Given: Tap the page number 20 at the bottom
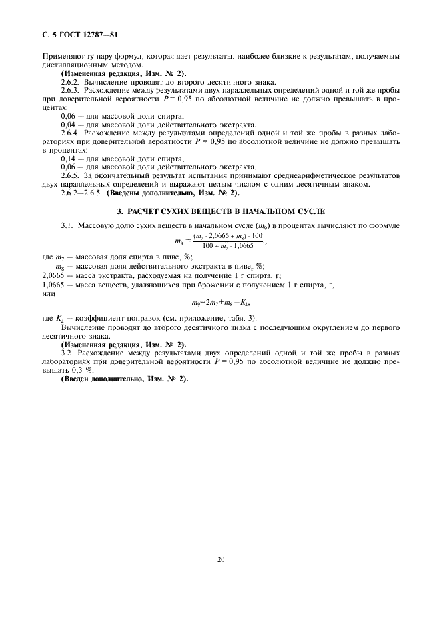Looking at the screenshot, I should pyautogui.click(x=221, y=559).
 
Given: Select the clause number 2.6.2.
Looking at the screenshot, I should pyautogui.click(x=71, y=81).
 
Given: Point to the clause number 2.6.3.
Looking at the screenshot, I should pyautogui.click(x=71, y=89).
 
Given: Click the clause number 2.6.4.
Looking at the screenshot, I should pyautogui.click(x=71, y=132).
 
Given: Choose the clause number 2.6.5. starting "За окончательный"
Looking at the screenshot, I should pyautogui.click(x=71, y=175).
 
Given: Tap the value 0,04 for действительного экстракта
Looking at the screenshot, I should pyautogui.click(x=69, y=124).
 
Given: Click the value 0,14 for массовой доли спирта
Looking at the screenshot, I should pyautogui.click(x=69, y=159).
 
